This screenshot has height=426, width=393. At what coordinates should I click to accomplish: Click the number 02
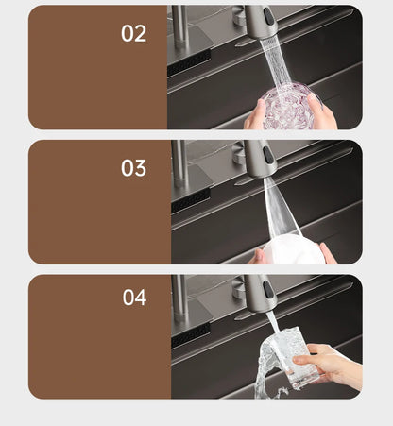[x=133, y=33]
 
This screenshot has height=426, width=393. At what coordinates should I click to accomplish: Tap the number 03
[x=133, y=168]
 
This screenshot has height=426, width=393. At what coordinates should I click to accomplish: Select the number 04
[x=134, y=298]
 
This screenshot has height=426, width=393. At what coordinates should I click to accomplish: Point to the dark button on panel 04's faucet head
[x=268, y=289]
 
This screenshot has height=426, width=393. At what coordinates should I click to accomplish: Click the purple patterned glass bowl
[x=288, y=107]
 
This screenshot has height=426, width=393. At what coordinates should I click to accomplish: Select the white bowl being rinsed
[x=293, y=249]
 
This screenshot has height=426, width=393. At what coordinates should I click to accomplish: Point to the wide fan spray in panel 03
[x=282, y=208]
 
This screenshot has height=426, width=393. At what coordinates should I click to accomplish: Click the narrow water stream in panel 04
[x=273, y=322]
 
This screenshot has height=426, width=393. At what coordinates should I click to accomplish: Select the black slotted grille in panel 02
[x=189, y=63]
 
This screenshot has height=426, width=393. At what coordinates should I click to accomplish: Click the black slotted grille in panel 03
[x=191, y=200]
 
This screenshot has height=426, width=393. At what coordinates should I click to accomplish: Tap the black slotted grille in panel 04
[x=191, y=334]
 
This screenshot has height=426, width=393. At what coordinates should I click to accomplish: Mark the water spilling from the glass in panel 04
[x=267, y=368]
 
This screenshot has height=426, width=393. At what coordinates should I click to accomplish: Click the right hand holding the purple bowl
[x=324, y=111]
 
